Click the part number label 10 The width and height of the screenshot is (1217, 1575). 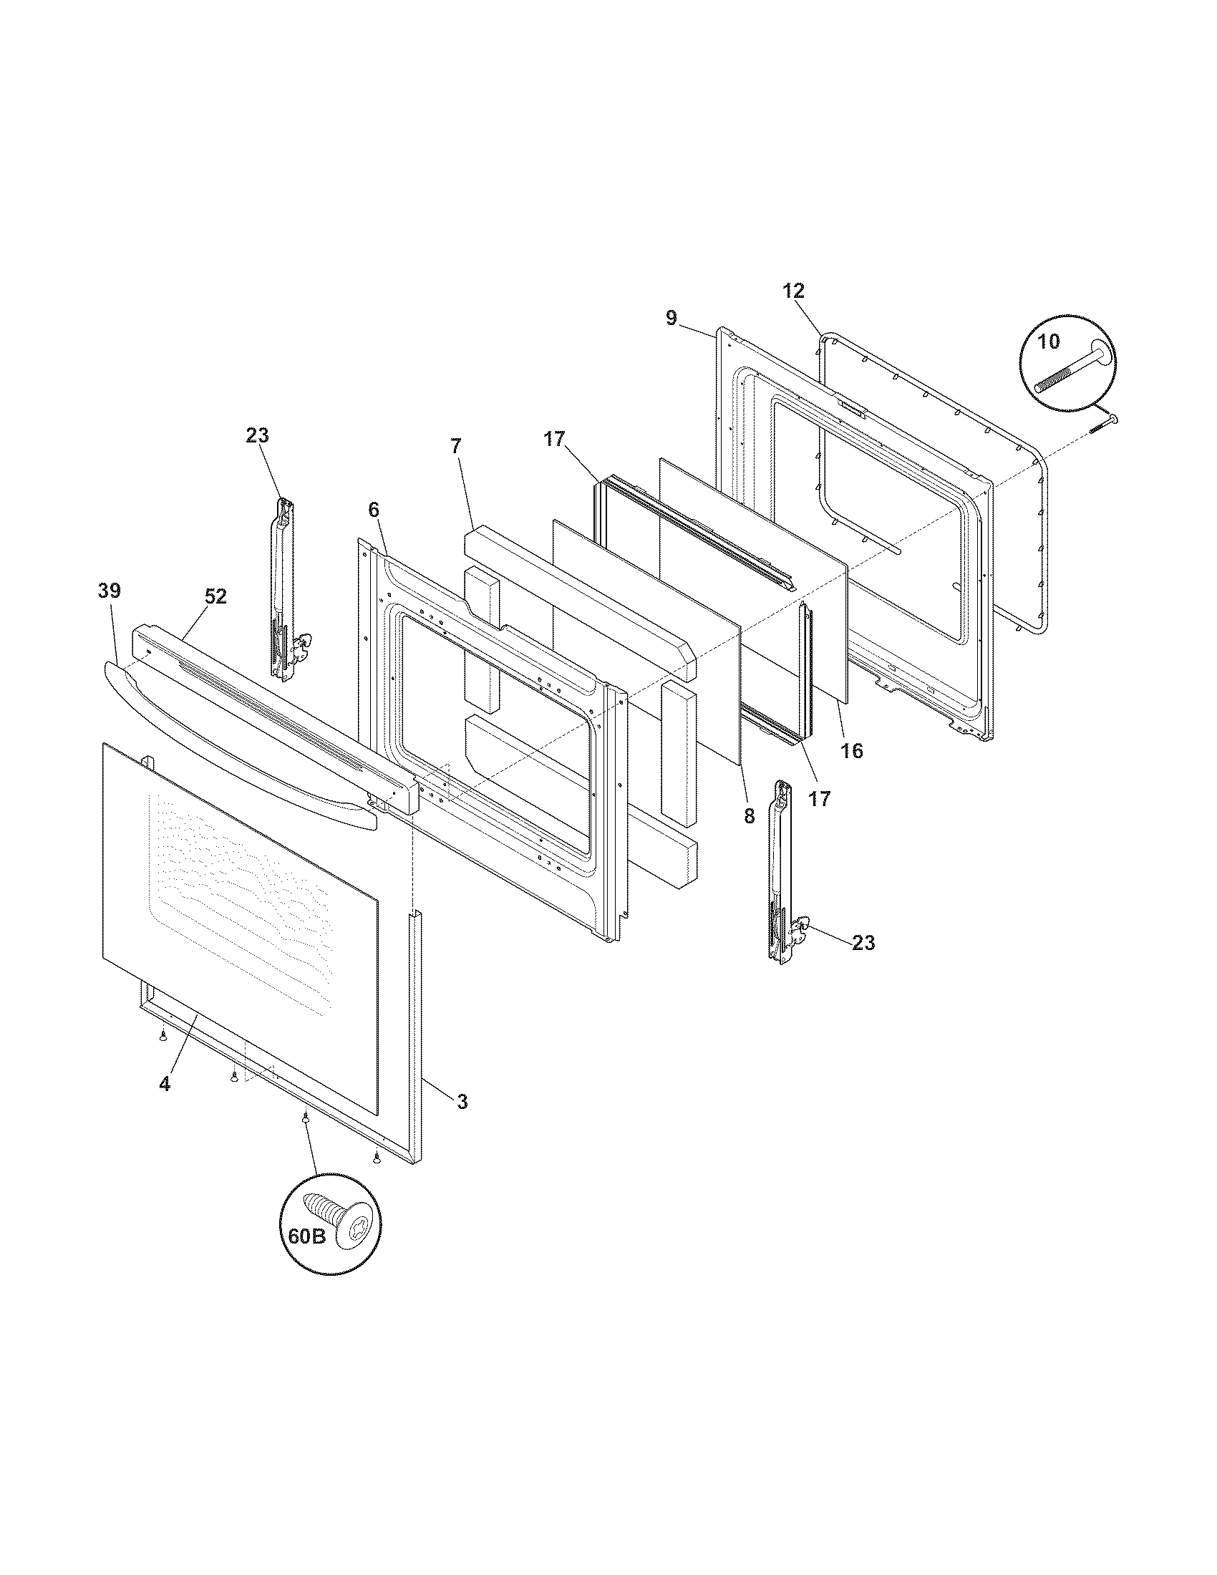point(1049,341)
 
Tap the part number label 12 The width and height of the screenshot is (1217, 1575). point(793,291)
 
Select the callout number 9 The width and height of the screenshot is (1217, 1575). point(671,318)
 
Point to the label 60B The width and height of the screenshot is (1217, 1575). point(306,1238)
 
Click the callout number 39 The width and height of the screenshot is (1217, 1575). point(110,591)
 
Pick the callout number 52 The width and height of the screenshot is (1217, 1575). point(215,596)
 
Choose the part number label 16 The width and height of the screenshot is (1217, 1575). point(851,751)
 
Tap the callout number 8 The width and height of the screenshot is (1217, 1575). point(748,815)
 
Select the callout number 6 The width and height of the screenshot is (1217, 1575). point(373,510)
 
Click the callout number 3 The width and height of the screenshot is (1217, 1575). point(462,1101)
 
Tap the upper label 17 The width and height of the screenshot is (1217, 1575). point(554,439)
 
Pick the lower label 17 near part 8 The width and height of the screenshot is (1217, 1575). point(820,798)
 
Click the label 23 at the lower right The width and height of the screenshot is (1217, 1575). point(863,942)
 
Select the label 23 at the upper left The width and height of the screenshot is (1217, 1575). point(258,435)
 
